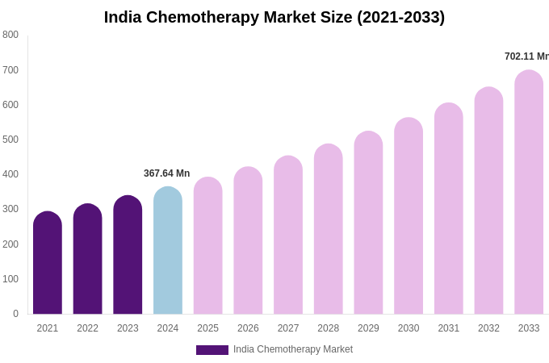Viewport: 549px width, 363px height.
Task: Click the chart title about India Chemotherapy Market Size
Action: click(x=274, y=17)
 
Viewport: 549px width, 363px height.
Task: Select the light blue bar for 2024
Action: click(x=168, y=251)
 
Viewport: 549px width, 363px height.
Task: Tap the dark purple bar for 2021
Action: click(x=48, y=263)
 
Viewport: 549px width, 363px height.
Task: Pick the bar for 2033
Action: click(x=529, y=193)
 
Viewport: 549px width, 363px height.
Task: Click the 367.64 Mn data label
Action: click(x=167, y=173)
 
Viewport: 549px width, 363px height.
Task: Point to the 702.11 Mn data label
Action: click(x=526, y=56)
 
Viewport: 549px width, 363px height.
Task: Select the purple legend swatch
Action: click(x=212, y=350)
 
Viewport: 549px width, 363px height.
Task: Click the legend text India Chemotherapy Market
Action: click(x=293, y=349)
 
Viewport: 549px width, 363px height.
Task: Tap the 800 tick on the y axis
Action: click(x=10, y=35)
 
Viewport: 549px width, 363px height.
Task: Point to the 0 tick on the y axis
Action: click(x=15, y=314)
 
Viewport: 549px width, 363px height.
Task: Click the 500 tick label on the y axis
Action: click(x=10, y=140)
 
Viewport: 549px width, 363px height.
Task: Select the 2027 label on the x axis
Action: click(x=288, y=328)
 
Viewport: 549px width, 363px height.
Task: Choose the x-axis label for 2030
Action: click(x=409, y=328)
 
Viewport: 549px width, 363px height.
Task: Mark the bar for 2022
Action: click(x=88, y=259)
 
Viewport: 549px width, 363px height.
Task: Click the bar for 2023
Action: click(x=128, y=255)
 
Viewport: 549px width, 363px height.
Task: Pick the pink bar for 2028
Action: click(x=329, y=229)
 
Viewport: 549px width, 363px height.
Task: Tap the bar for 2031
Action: click(x=449, y=209)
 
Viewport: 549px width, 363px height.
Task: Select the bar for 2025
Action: click(x=208, y=246)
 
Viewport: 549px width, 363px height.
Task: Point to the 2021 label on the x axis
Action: click(x=48, y=328)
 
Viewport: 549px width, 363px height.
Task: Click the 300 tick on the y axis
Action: click(x=10, y=209)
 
